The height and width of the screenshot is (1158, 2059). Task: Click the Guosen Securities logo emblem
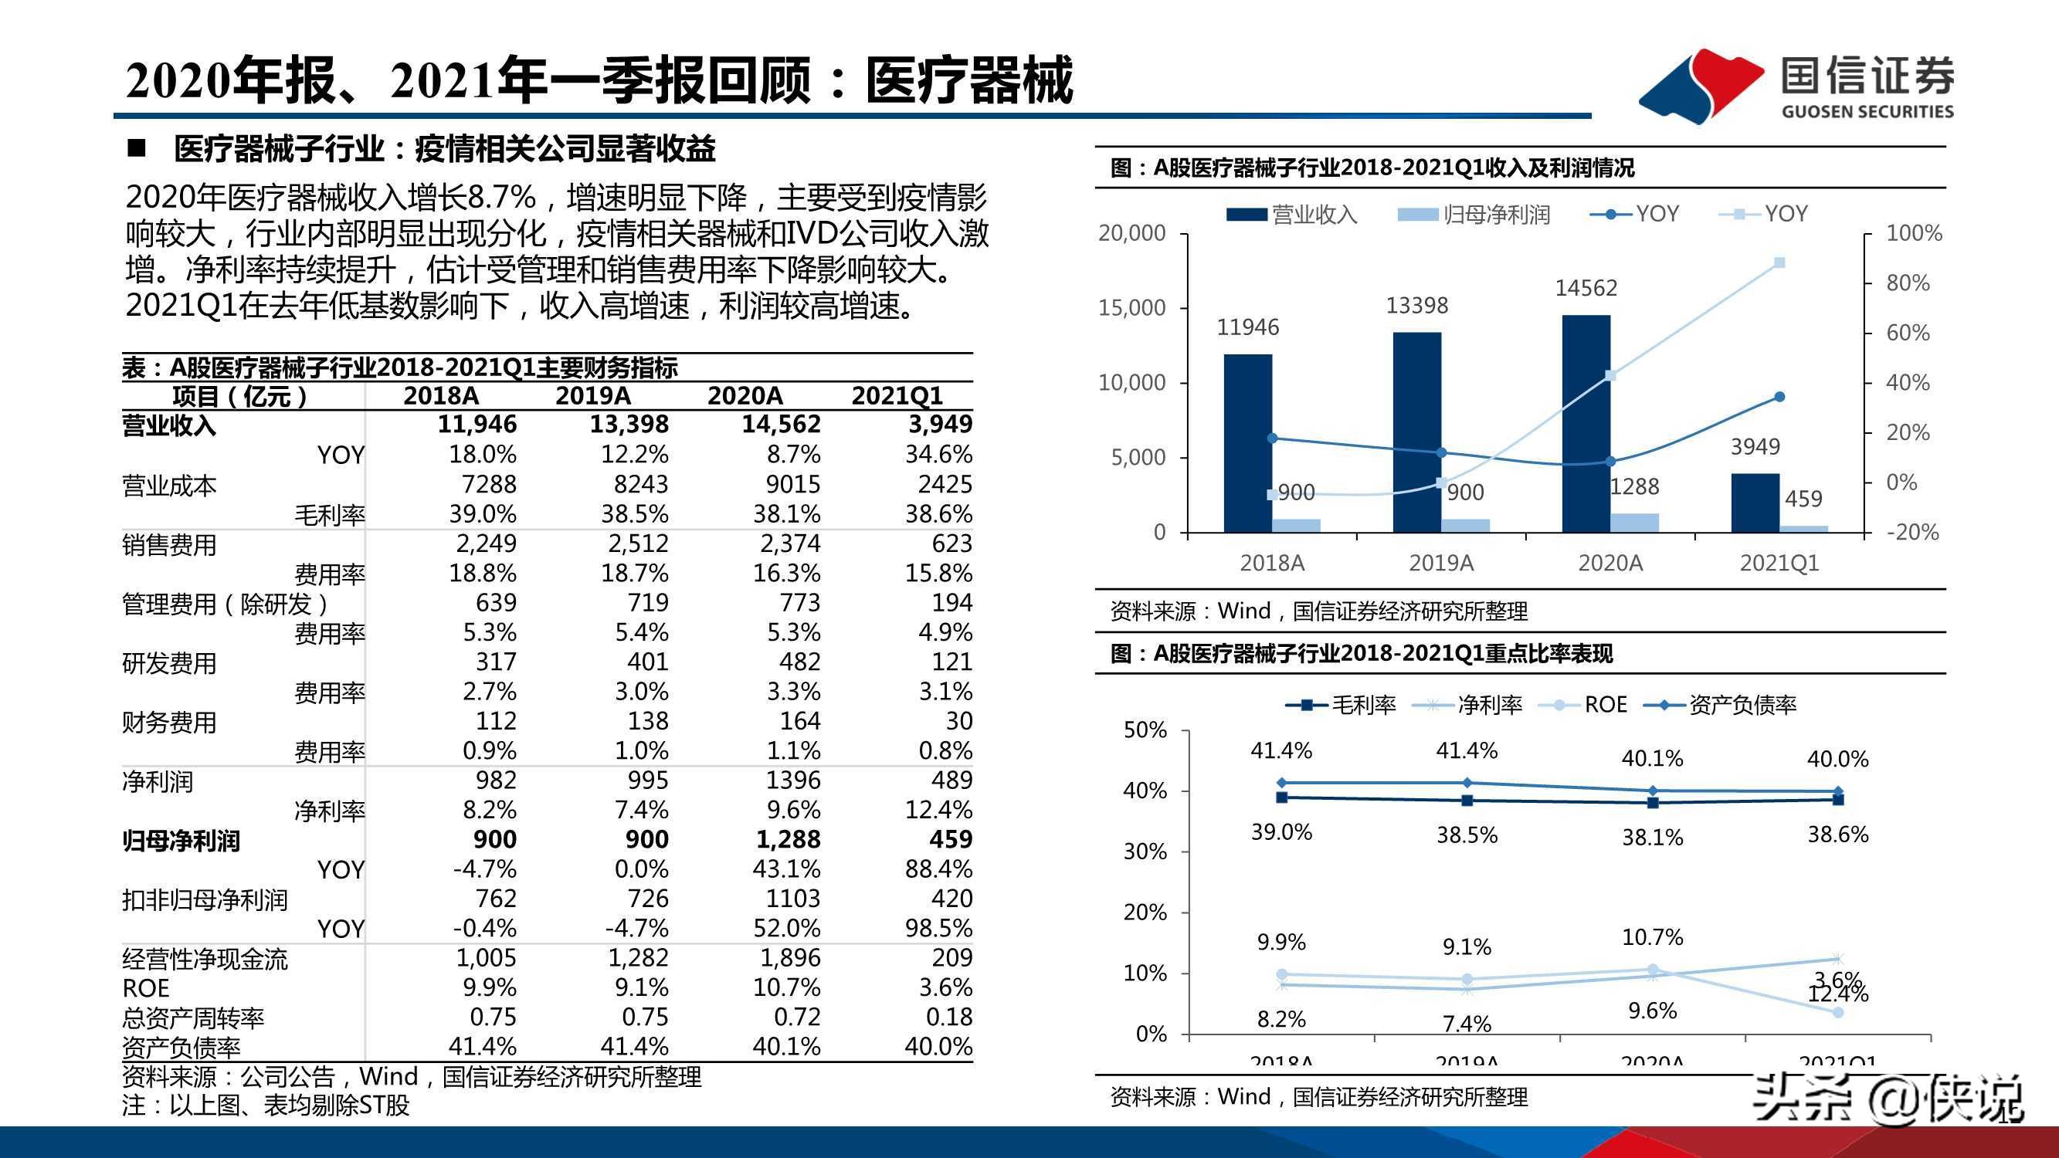[x=1700, y=86]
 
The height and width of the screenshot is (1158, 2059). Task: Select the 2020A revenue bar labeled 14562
[x=1586, y=424]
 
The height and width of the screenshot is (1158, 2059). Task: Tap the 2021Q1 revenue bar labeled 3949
[x=1755, y=503]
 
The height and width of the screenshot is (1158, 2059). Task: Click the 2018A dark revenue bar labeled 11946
[x=1248, y=444]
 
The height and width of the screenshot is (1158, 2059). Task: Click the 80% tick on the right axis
[x=1907, y=283]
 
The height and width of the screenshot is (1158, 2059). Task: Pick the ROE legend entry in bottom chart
[x=1604, y=704]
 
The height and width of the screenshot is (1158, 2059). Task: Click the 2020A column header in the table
[x=745, y=395]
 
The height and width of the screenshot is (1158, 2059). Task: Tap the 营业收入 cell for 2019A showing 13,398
[x=628, y=425]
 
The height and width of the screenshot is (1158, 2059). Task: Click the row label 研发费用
[x=169, y=663]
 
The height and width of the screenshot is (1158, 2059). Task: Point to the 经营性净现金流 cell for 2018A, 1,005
[x=485, y=957]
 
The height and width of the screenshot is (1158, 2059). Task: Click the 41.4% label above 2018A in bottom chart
[x=1281, y=750]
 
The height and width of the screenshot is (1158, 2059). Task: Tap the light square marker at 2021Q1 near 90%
[x=1779, y=263]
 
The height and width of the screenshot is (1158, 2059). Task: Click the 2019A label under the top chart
[x=1440, y=563]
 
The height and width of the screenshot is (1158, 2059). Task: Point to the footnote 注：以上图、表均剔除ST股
[x=266, y=1106]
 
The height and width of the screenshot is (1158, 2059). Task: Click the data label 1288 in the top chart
[x=1633, y=486]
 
